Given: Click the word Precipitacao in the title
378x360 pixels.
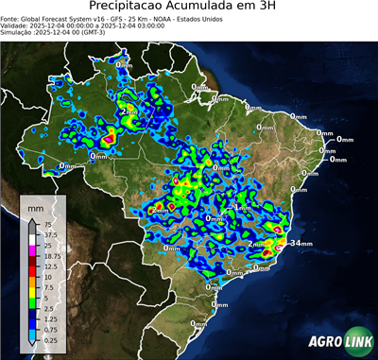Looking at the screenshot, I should point(136,8).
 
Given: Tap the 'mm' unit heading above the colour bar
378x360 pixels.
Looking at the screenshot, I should point(34,206).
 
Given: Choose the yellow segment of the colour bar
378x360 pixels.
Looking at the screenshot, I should point(31,289).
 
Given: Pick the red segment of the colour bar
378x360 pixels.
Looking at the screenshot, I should point(31,266).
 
